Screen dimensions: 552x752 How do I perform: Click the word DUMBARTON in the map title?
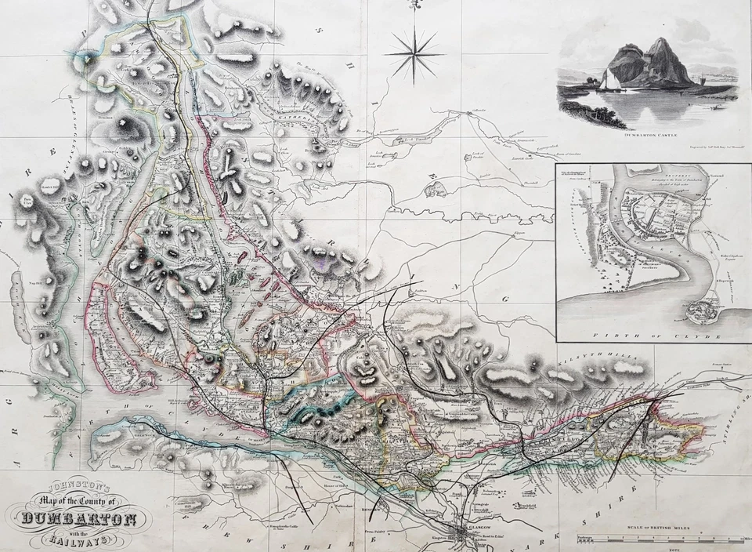(81, 518)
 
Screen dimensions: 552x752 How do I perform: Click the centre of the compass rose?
(414, 55)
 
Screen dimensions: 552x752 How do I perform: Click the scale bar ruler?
(663, 539)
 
